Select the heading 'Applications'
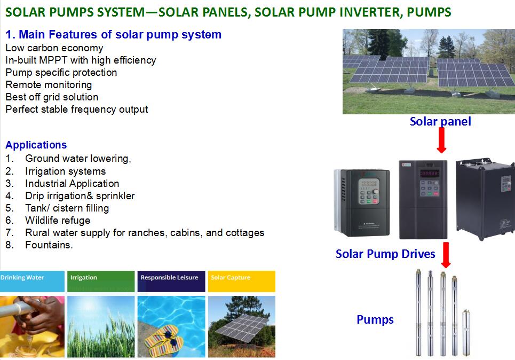pos(36,145)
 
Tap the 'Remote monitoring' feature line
pos(49,85)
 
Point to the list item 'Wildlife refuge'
pos(58,220)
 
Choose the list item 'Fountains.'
pos(49,245)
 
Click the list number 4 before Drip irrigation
pos(9,196)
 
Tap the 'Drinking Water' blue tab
pos(32,281)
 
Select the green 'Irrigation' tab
pos(101,281)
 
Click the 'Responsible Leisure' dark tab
pos(171,281)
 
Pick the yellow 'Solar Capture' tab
pos(242,281)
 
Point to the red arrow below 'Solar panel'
pos(441,140)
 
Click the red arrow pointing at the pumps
pos(446,255)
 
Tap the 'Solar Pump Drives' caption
pos(385,254)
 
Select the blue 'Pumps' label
pos(375,319)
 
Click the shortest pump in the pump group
pos(466,332)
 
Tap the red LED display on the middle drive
pos(429,173)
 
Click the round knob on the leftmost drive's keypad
pos(375,191)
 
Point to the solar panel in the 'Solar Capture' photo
pos(241,327)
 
